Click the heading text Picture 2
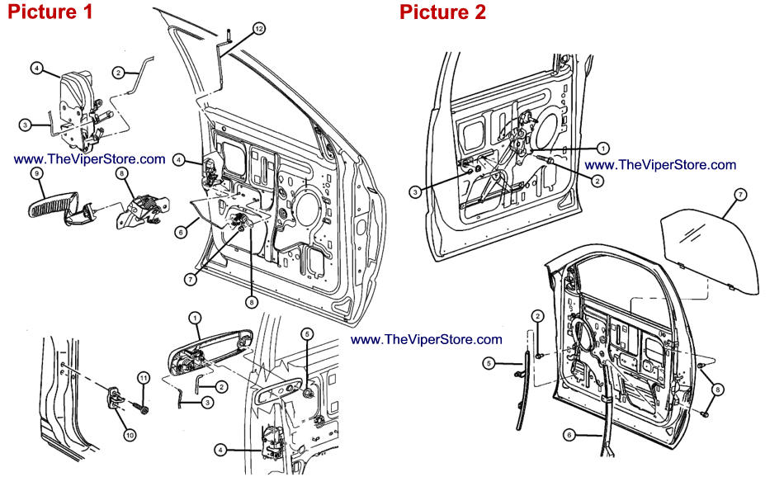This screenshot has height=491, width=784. [442, 12]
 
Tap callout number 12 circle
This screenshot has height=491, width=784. [258, 29]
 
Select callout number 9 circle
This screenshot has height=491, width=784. [37, 173]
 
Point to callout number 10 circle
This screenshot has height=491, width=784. [129, 433]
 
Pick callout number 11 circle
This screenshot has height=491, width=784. [142, 378]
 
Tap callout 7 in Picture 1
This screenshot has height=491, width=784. [191, 280]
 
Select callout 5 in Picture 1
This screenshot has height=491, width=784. [307, 334]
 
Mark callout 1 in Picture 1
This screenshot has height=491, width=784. [195, 317]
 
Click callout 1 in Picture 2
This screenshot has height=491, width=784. [602, 148]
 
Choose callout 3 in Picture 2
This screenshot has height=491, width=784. [416, 191]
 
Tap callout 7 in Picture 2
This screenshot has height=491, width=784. [740, 194]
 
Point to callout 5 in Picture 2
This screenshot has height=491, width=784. [489, 362]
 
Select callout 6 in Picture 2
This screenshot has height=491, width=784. [569, 433]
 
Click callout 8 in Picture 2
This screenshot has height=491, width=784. [718, 388]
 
